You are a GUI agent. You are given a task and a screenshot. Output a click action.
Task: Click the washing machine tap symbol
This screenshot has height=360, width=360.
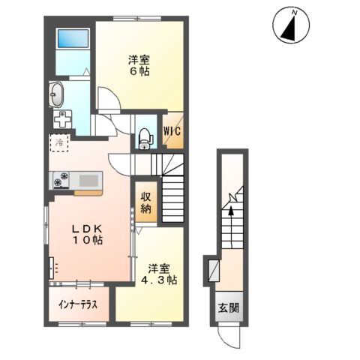(x=62, y=118)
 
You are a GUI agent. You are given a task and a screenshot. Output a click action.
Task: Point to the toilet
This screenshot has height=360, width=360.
(x=145, y=136)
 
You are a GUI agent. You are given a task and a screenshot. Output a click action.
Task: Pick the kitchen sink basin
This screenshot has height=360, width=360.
(x=88, y=180)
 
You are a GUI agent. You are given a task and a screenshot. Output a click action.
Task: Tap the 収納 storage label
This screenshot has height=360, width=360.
(x=146, y=202)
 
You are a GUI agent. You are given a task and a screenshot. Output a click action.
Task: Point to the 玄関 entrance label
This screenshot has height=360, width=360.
(x=229, y=307)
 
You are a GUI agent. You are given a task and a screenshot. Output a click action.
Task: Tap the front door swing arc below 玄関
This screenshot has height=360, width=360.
(x=226, y=328)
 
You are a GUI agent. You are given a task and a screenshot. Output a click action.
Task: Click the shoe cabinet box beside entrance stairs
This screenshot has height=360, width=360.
(x=212, y=268)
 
